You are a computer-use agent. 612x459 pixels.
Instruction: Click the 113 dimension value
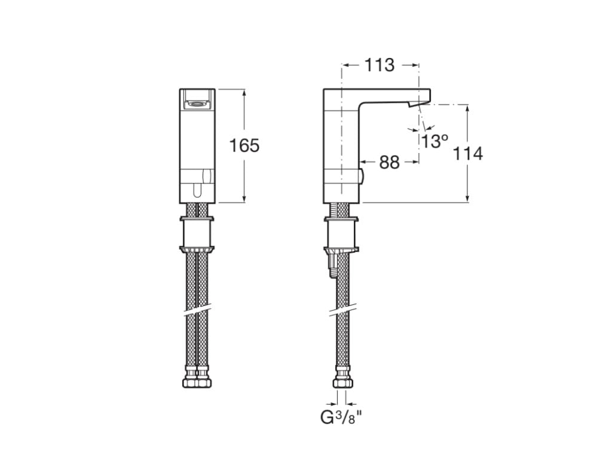pos(380,65)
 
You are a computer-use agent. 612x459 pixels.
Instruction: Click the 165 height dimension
pos(245,145)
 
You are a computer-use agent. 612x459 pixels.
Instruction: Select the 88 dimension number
pos(389,162)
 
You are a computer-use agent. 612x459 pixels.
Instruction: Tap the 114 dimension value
pos(467,154)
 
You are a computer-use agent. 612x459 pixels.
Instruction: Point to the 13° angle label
pos(434,142)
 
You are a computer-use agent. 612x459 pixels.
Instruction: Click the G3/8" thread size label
pos(342,417)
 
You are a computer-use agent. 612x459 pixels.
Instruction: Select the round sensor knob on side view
pos(360,176)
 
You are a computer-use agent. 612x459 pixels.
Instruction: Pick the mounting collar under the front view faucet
pos(196,234)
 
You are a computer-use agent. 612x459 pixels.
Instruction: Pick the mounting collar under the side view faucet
pos(341,234)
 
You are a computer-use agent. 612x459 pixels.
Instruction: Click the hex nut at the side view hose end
pos(342,381)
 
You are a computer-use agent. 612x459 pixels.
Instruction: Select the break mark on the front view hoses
pos(196,311)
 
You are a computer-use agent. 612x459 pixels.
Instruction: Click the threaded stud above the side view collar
pos(341,210)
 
